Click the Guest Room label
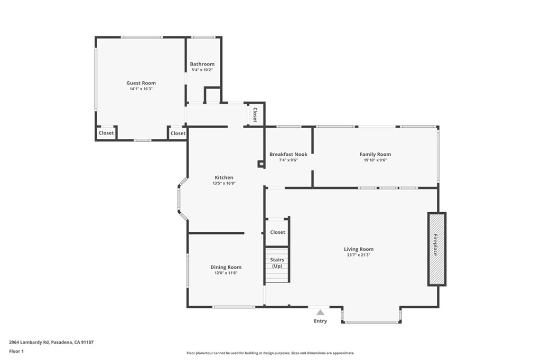click(141, 83)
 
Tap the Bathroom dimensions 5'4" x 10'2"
click(202, 70)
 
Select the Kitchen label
click(223, 177)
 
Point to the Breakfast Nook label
click(288, 154)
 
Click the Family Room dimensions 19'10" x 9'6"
click(375, 160)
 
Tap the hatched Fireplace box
click(436, 249)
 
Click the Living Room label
click(358, 249)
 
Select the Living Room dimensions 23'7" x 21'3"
click(358, 255)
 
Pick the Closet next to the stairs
click(277, 232)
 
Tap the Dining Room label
click(226, 267)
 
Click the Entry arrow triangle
click(320, 312)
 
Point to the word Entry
click(320, 321)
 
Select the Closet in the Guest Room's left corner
click(106, 133)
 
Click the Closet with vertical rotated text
click(255, 115)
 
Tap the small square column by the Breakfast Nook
click(260, 164)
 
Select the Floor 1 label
click(16, 351)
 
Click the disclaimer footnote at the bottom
click(270, 353)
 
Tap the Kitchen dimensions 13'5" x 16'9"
click(223, 183)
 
